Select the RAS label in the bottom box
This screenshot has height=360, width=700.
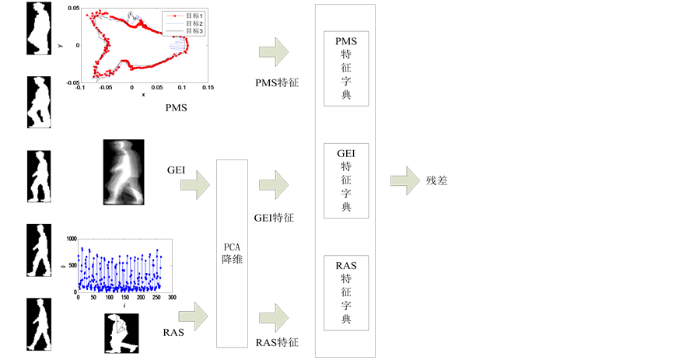345,265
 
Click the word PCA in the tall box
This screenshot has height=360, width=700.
232,246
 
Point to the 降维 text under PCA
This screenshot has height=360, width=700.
232,260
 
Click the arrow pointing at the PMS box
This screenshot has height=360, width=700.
274,53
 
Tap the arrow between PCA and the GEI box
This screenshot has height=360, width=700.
274,185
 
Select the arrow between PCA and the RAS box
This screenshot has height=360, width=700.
274,316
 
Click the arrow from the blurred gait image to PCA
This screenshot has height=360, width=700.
195,185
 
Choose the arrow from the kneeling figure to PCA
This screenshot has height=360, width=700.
194,316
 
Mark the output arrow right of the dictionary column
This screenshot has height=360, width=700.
404,181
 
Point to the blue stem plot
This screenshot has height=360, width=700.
124,267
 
